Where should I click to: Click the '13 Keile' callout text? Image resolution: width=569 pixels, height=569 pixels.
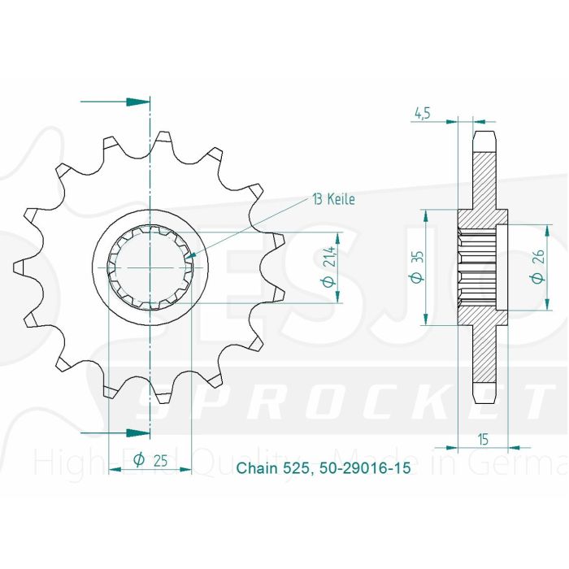(332, 198)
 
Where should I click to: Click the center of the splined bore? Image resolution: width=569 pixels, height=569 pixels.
(150, 267)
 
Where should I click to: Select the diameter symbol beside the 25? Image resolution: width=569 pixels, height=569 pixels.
(138, 460)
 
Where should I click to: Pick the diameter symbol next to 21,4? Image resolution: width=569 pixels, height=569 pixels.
(331, 281)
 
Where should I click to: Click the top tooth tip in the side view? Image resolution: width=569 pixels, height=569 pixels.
(484, 139)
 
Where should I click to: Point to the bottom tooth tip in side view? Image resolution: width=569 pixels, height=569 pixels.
(484, 393)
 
